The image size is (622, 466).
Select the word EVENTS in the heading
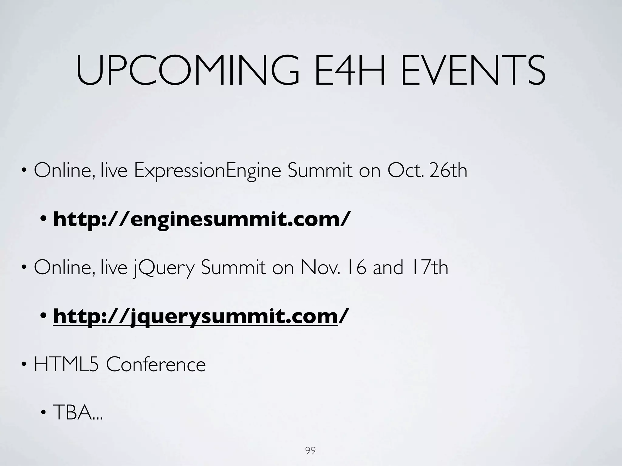[473, 71]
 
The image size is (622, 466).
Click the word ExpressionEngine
[207, 171]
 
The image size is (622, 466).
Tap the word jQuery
[164, 268]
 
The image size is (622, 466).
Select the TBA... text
[78, 413]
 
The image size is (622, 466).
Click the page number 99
[310, 451]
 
